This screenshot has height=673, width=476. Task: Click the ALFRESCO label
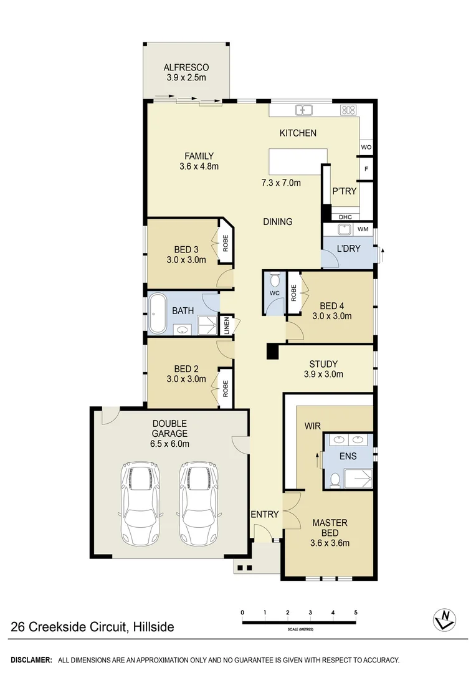[186, 67]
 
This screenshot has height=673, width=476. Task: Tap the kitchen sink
[304, 110]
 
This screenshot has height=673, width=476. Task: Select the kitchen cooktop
[348, 110]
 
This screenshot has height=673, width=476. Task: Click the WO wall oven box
[366, 147]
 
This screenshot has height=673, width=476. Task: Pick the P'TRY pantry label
[344, 191]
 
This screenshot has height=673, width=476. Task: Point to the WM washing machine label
[363, 229]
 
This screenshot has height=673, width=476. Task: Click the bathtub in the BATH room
[156, 310]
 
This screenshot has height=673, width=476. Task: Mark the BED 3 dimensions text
[186, 260]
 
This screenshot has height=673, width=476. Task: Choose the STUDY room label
[323, 364]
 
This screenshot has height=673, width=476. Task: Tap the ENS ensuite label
[348, 456]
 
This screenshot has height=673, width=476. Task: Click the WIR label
[312, 426]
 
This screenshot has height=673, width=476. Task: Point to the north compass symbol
[444, 618]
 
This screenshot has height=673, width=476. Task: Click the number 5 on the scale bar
[356, 613]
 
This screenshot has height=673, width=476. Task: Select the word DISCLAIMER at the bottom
[31, 659]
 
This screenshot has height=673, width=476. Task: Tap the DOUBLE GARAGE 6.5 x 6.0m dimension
[170, 444]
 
